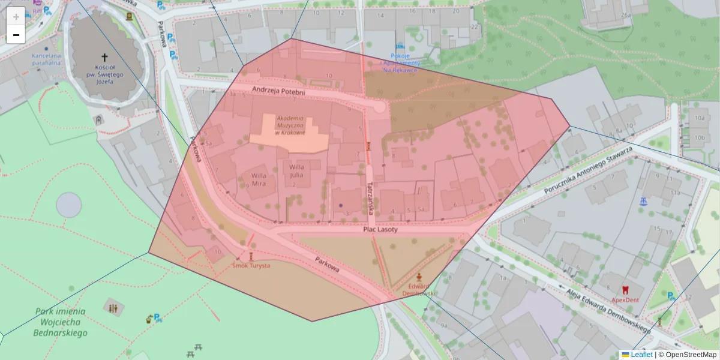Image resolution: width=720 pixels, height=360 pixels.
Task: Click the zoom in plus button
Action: [x=16, y=16]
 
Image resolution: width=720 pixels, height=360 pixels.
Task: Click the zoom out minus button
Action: [x=16, y=35]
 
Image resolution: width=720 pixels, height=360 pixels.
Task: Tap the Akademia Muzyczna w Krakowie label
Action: [x=290, y=125]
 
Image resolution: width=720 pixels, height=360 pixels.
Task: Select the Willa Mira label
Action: [x=259, y=179]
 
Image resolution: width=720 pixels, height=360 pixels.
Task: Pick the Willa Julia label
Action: [x=297, y=171]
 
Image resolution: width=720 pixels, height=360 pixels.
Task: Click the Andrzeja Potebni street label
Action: [x=278, y=91]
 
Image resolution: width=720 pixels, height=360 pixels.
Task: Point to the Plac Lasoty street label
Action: [x=380, y=229]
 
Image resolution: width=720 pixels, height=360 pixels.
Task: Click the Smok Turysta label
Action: [x=251, y=265]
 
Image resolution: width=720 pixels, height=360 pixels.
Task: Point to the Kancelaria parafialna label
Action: [x=46, y=59]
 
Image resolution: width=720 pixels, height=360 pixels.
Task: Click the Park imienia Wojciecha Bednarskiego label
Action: [x=60, y=322]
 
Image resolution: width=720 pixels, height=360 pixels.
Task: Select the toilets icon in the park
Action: [x=113, y=308]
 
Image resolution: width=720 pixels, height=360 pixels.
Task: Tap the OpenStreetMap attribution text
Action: [x=690, y=355]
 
